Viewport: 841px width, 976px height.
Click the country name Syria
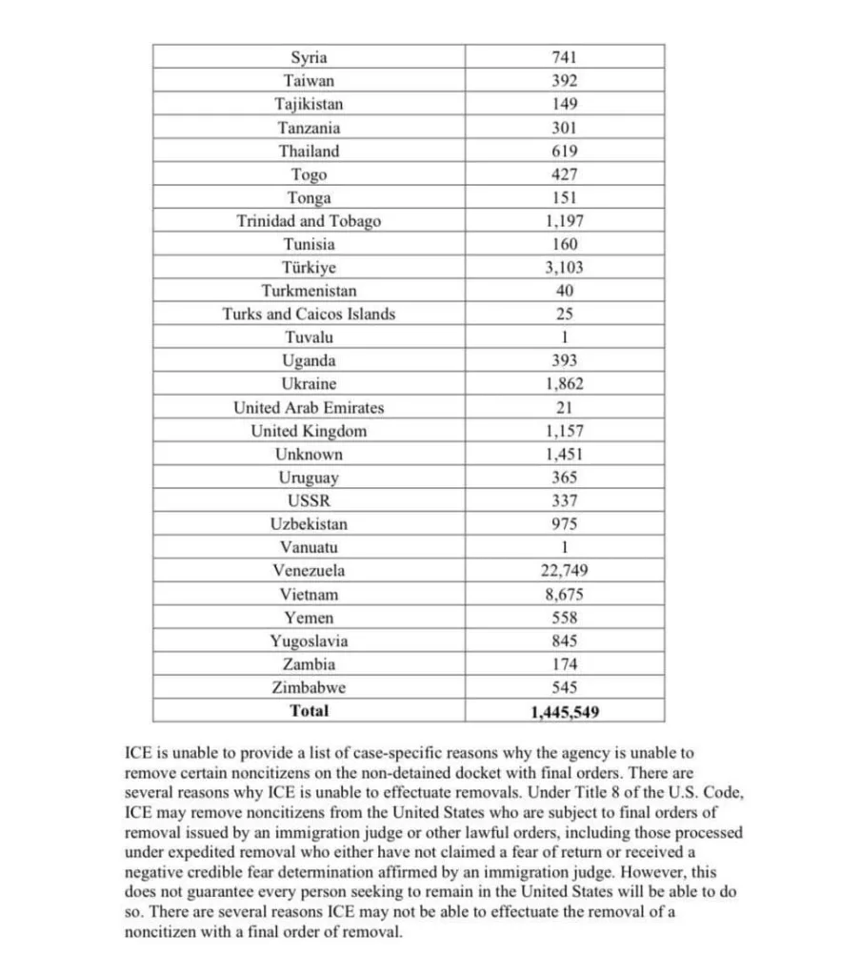(x=309, y=57)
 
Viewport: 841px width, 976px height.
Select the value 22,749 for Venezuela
(x=564, y=571)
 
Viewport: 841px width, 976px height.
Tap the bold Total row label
(x=309, y=711)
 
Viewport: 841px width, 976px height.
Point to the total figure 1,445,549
(x=564, y=711)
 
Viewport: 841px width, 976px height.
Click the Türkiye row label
(x=309, y=268)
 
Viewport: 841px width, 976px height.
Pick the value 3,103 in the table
(x=564, y=268)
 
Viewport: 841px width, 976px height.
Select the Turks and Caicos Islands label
(x=309, y=314)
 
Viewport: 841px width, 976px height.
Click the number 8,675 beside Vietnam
(x=564, y=595)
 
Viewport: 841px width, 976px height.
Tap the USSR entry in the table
(x=309, y=501)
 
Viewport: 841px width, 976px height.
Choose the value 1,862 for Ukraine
(x=564, y=384)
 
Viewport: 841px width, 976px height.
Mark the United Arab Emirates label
(x=309, y=408)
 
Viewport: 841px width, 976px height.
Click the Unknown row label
(x=309, y=455)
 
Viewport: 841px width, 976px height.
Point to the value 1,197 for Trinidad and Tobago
(x=564, y=221)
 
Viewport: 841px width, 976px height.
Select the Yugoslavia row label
(x=309, y=641)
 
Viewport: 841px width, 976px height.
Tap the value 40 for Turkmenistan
(x=564, y=291)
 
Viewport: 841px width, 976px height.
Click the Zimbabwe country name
(x=309, y=688)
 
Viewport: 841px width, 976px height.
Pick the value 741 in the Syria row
(x=564, y=57)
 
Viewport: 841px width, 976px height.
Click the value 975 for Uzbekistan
(x=564, y=524)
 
